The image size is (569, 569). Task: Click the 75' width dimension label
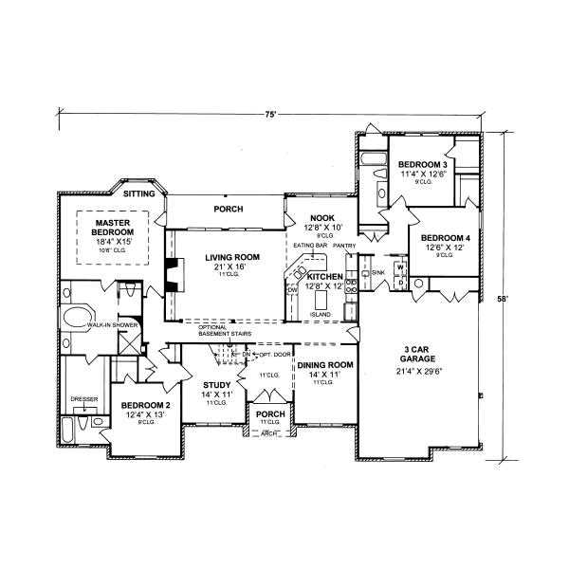click(270, 114)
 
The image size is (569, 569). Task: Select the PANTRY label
click(344, 245)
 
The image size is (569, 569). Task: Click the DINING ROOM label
click(325, 365)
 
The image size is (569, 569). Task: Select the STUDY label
click(217, 386)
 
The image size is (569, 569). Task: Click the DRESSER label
click(84, 399)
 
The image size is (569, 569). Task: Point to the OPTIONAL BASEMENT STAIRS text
click(225, 331)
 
